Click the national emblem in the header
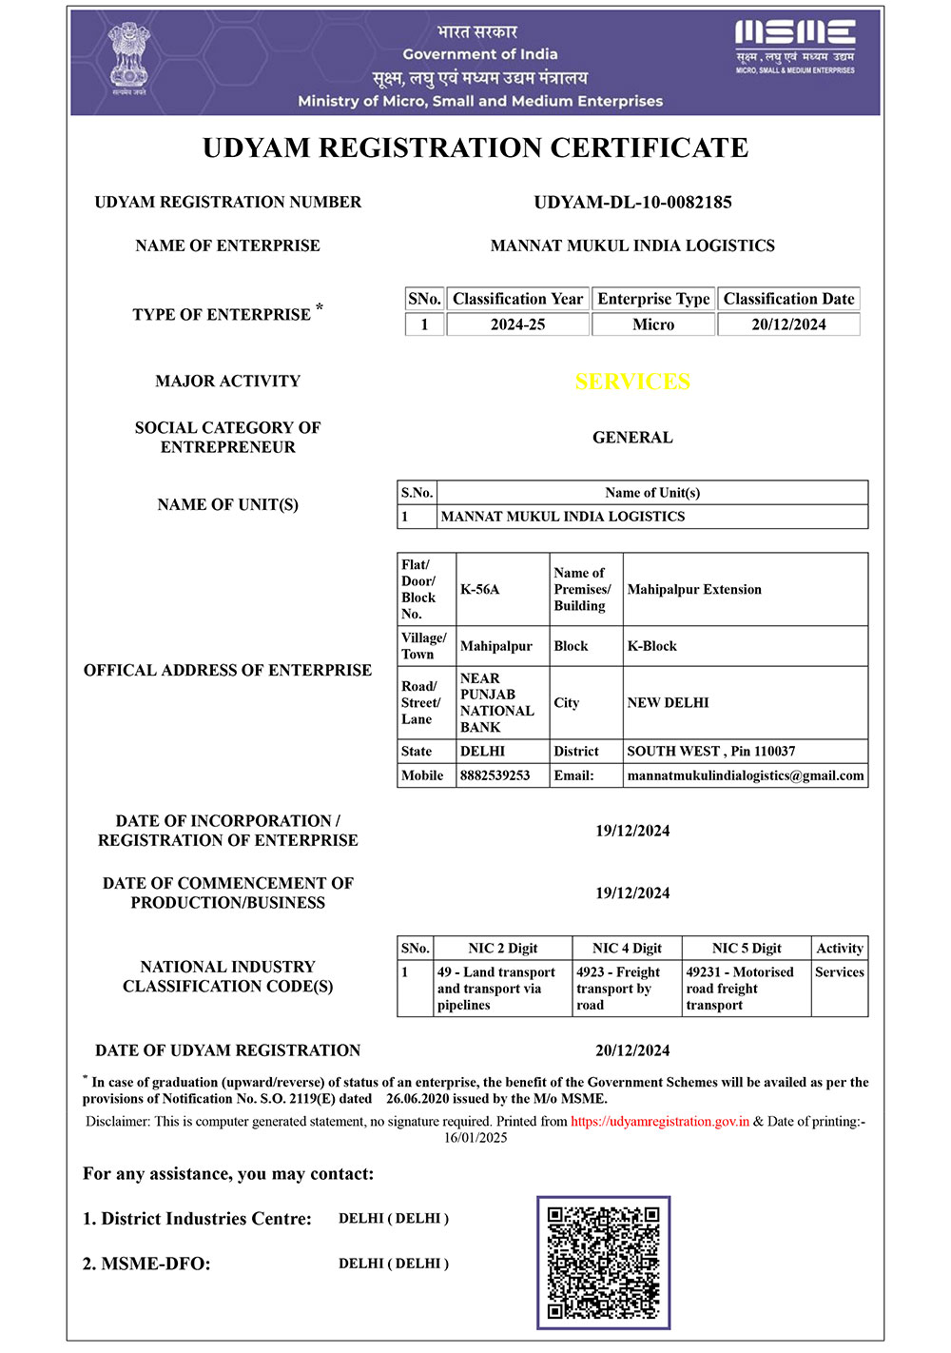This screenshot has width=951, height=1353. tap(128, 59)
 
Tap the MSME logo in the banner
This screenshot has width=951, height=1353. tap(794, 46)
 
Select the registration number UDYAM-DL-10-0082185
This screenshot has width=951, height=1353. tap(632, 202)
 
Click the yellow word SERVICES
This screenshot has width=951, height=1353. tap(632, 382)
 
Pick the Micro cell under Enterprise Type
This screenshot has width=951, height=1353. tap(653, 324)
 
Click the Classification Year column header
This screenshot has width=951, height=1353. tap(517, 299)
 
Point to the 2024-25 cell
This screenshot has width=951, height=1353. tap(517, 324)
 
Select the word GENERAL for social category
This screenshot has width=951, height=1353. tap(632, 438)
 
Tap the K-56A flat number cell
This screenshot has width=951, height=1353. tap(480, 589)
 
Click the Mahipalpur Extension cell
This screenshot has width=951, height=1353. tap(694, 589)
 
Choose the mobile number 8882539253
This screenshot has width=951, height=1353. tap(495, 775)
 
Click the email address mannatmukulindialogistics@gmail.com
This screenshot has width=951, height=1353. tap(746, 775)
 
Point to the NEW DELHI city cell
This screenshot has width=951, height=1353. tap(668, 702)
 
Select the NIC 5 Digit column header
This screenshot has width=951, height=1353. tap(747, 948)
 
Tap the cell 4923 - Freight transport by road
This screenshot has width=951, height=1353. tap(618, 989)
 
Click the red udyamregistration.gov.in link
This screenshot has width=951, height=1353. tap(660, 1121)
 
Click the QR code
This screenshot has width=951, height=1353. tap(603, 1262)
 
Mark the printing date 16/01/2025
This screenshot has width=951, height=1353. tap(475, 1137)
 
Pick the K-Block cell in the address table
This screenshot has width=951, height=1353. tap(652, 646)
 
